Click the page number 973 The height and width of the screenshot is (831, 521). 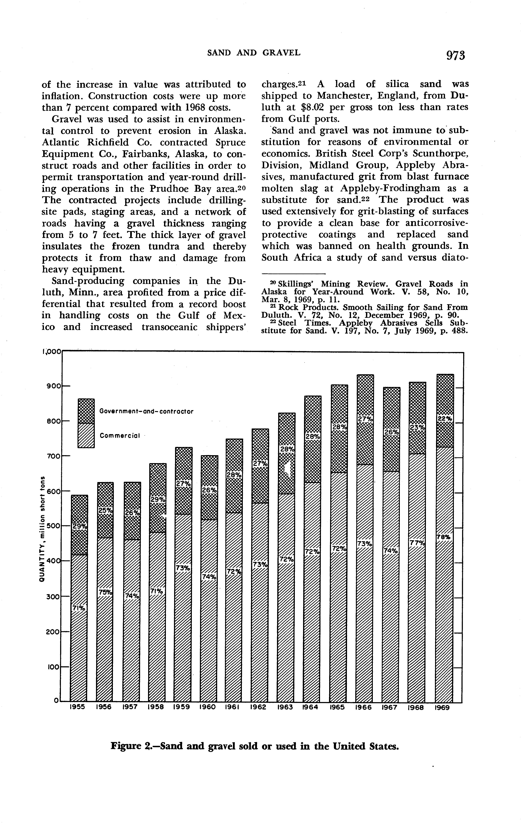(x=455, y=55)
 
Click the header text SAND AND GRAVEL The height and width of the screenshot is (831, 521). (x=254, y=53)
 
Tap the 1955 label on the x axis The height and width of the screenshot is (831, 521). (x=78, y=707)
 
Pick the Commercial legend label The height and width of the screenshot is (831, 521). (x=120, y=436)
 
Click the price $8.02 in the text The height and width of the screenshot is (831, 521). (x=313, y=107)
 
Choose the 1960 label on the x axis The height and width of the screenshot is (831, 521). (x=208, y=707)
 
